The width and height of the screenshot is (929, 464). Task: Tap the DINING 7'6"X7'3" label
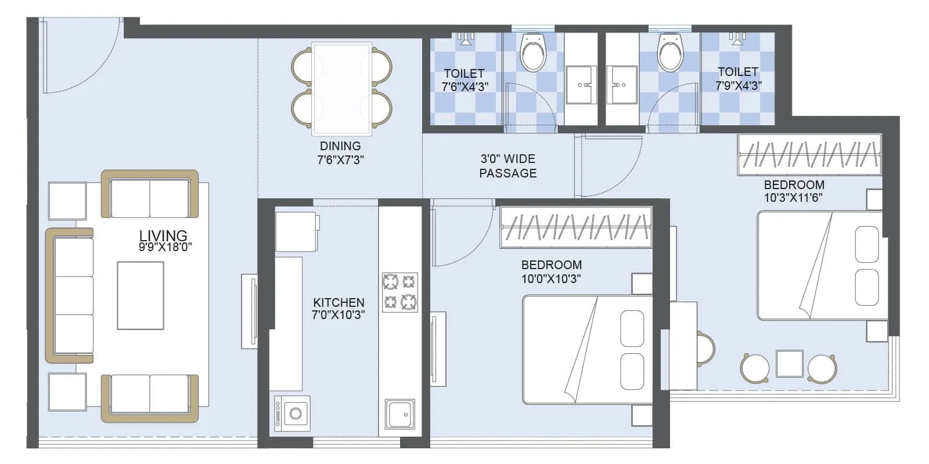pyautogui.click(x=340, y=153)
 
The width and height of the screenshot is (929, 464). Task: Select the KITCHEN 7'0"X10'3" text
pyautogui.click(x=339, y=309)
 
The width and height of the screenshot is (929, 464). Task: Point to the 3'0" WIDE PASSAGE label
pyautogui.click(x=508, y=166)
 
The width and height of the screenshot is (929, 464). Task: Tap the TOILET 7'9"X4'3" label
pyautogui.click(x=738, y=78)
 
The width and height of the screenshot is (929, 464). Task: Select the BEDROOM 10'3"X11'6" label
pyautogui.click(x=794, y=191)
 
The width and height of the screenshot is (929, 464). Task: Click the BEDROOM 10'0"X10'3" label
pyautogui.click(x=551, y=271)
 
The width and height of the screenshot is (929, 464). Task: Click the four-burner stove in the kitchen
pyautogui.click(x=399, y=292)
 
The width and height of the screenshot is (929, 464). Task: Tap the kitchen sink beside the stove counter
pyautogui.click(x=399, y=416)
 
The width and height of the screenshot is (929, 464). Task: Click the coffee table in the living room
pyautogui.click(x=141, y=295)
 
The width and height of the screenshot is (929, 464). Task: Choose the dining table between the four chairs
pyautogui.click(x=341, y=88)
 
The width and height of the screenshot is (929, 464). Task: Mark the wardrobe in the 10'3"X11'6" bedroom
pyautogui.click(x=809, y=154)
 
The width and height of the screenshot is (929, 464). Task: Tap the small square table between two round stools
pyautogui.click(x=790, y=364)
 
